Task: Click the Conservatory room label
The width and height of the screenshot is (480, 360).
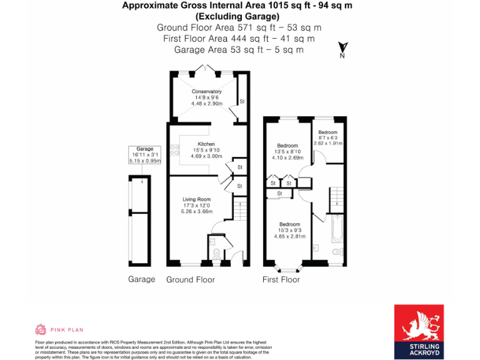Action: [206, 91]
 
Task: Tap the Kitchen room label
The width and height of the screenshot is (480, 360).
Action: [206, 144]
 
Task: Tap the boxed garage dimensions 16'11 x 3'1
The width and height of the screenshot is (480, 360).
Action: [145, 155]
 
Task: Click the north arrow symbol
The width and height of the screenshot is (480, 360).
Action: [342, 49]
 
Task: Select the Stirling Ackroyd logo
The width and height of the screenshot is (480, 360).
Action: [425, 332]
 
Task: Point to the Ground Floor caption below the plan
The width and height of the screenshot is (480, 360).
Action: [191, 279]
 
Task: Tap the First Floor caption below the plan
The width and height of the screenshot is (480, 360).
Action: [281, 279]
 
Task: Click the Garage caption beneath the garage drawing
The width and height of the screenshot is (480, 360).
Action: [141, 279]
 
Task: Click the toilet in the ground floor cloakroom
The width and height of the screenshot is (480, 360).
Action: [216, 253]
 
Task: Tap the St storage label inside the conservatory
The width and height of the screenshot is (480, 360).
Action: [241, 101]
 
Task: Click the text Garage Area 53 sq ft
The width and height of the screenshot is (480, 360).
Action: [239, 49]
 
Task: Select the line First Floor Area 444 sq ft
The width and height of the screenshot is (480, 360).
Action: [239, 39]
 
